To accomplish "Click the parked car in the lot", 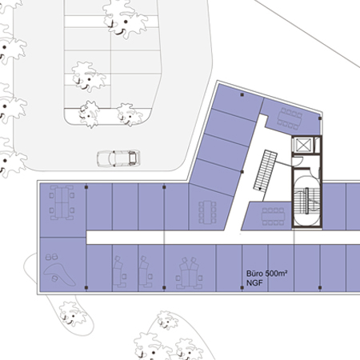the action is pyautogui.click(x=118, y=158).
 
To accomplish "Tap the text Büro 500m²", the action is pyautogui.click(x=266, y=274).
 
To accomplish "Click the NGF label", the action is pyautogui.click(x=254, y=283).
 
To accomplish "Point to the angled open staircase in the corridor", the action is pyautogui.click(x=266, y=170).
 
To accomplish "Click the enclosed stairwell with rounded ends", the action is pyautogui.click(x=306, y=201).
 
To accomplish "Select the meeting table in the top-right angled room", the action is pyautogui.click(x=290, y=119).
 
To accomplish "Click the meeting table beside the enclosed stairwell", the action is pyautogui.click(x=274, y=217).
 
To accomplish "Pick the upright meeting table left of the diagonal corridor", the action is pyautogui.click(x=207, y=212).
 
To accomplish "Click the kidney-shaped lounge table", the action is pyautogui.click(x=59, y=274).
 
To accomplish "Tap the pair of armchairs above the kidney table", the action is pyautogui.click(x=51, y=257).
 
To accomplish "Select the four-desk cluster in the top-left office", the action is pyautogui.click(x=62, y=202).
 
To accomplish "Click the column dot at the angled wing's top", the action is pyautogui.click(x=242, y=94).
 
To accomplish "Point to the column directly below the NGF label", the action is pyautogui.click(x=242, y=288).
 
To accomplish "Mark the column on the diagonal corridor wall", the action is pyautogui.click(x=242, y=172).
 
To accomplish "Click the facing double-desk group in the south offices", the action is pyautogui.click(x=189, y=273).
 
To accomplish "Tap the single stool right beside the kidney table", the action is pyautogui.click(x=54, y=278).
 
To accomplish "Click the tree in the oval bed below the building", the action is pyautogui.click(x=72, y=314).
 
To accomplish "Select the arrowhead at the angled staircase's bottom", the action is pyautogui.click(x=260, y=189).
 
